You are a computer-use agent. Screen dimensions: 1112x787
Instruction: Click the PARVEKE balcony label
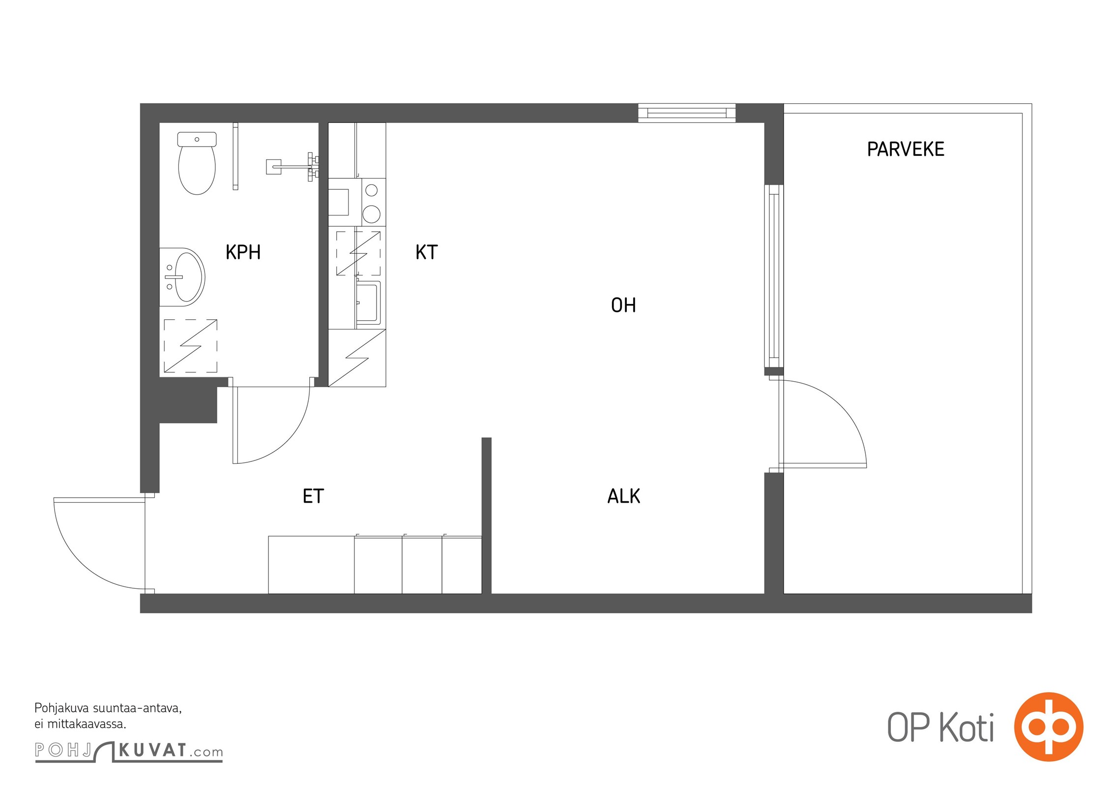coord(906,149)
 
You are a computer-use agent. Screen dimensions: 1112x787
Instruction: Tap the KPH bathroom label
coord(243,252)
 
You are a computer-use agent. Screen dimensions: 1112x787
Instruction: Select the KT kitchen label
coord(426,252)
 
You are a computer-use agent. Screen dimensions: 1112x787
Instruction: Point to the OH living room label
coord(623,305)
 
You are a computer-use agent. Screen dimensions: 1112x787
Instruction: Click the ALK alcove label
coord(624,496)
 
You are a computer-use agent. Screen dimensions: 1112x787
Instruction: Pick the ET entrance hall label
coord(313,496)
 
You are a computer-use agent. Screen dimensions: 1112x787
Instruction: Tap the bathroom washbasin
coord(182,277)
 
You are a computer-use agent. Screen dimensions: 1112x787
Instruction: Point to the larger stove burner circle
coord(372,214)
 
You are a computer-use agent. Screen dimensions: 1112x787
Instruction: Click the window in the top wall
coord(687,113)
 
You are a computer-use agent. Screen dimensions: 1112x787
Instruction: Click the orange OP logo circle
coord(1049,726)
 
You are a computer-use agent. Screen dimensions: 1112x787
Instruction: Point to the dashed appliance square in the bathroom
coord(190,346)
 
